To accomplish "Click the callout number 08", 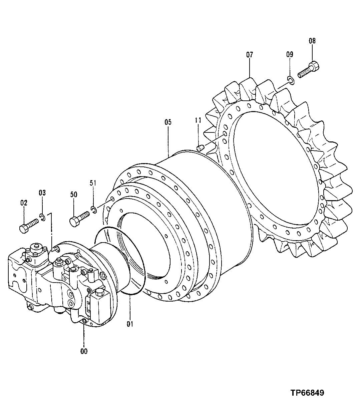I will click(x=312, y=41).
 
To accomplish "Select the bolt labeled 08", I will click(x=308, y=69).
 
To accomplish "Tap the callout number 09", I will click(x=290, y=54).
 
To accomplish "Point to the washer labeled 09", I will click(x=290, y=79).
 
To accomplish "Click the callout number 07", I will click(x=250, y=55).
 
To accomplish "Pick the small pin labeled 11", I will click(x=200, y=147).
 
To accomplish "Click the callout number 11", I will click(x=198, y=120).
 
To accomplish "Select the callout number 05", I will click(x=168, y=122).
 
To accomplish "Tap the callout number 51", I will click(x=93, y=182).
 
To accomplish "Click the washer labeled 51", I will click(x=94, y=210).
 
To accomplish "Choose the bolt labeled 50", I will click(x=80, y=217).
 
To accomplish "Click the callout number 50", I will click(x=74, y=194).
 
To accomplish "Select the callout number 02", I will click(x=24, y=203).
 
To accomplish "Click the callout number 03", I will click(x=42, y=192).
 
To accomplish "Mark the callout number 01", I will click(x=130, y=323).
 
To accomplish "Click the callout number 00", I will click(x=84, y=351).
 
